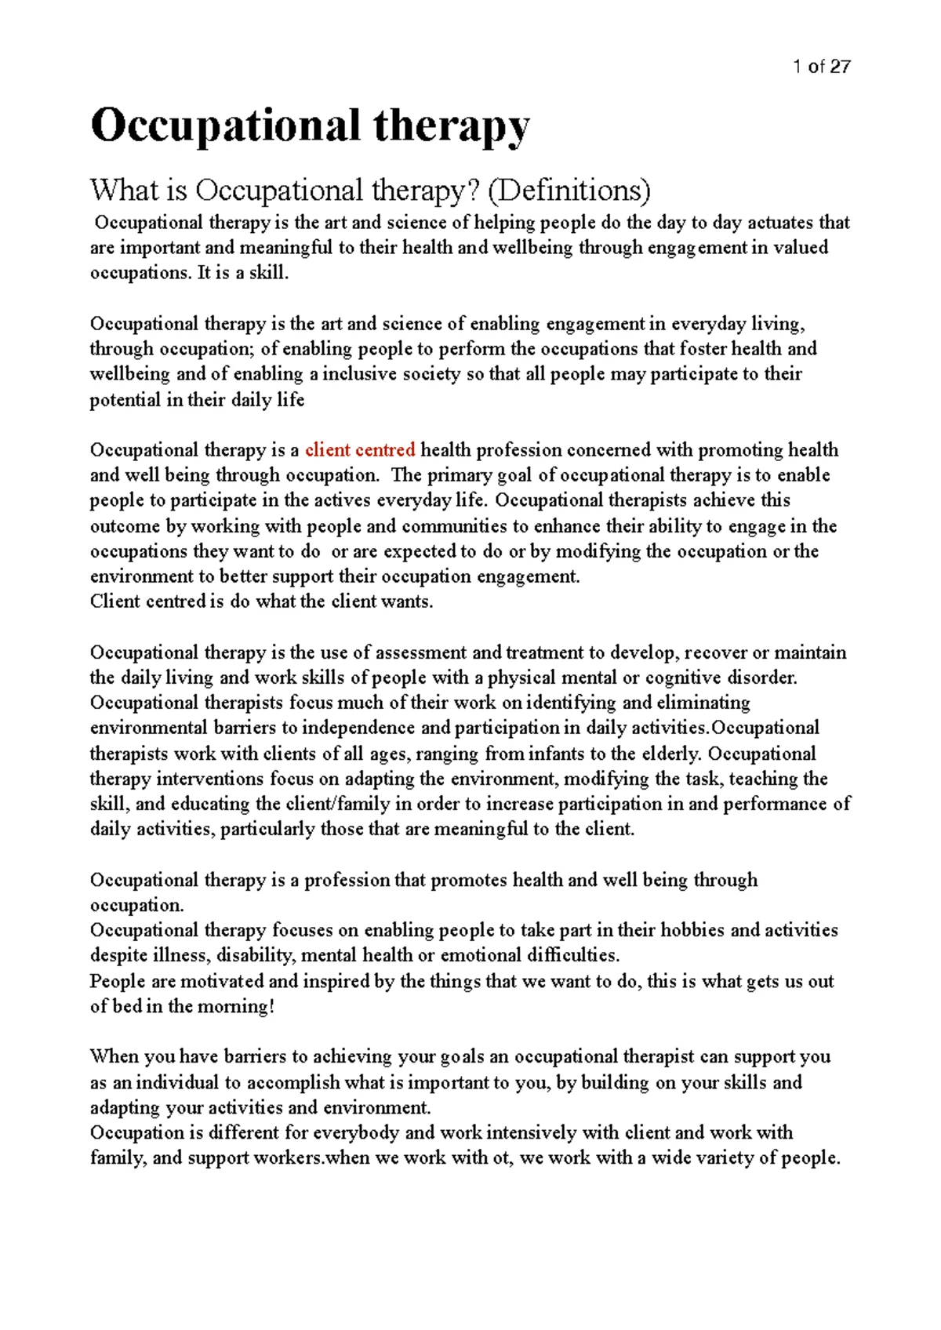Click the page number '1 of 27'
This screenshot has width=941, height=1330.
[821, 67]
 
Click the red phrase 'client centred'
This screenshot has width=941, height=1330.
[360, 450]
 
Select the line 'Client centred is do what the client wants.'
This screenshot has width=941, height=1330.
[261, 602]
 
